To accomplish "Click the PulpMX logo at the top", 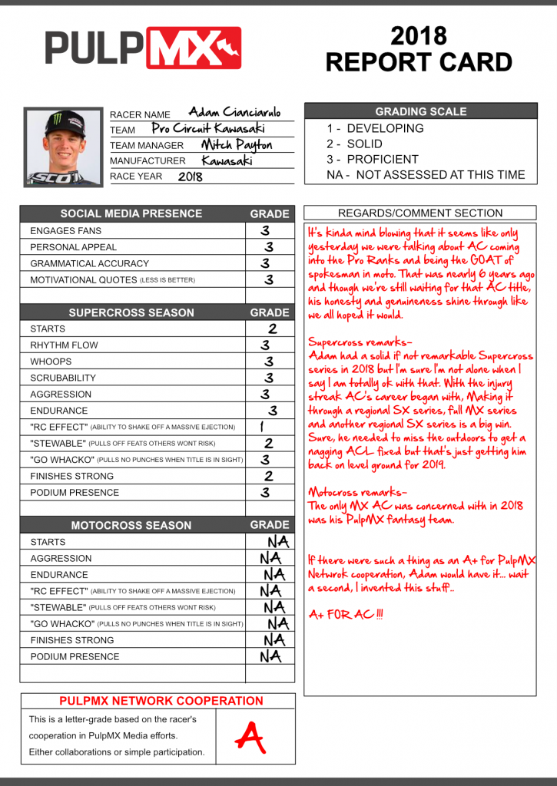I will (143, 48).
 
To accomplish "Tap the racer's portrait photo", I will (63, 147).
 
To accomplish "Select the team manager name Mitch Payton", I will (237, 144).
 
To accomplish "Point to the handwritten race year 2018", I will (191, 177).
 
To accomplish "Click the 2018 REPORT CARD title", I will (419, 48).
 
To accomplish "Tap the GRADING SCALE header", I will (420, 111).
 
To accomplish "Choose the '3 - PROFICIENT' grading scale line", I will (373, 159).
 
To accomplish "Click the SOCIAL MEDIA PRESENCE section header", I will (131, 213).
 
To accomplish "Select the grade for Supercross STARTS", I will (271, 329).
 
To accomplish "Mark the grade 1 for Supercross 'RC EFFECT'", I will (262, 427).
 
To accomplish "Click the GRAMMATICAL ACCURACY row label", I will (89, 263).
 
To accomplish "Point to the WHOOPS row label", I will (51, 362).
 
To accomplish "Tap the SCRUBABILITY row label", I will (63, 378).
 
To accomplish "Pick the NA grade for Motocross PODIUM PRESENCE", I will (270, 656).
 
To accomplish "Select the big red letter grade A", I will (250, 737).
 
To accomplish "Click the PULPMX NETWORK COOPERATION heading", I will (161, 701).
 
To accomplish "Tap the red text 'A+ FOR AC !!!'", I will (346, 615).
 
